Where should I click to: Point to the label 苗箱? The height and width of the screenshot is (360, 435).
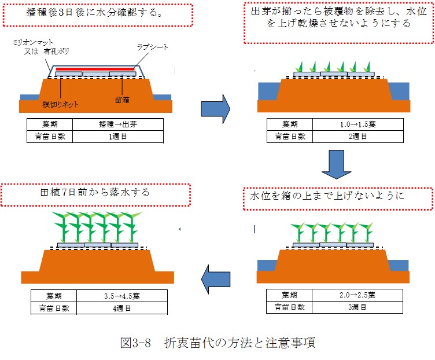pos(122,100)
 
